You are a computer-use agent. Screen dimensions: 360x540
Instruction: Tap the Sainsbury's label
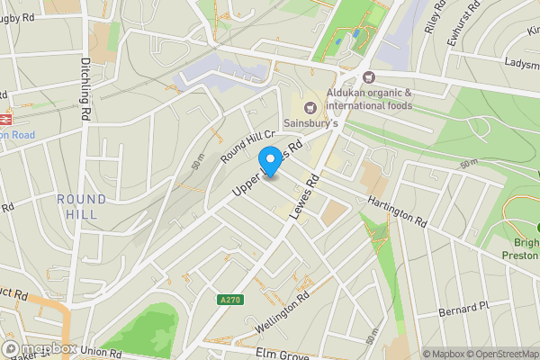[311, 123]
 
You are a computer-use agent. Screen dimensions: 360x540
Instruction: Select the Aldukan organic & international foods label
[370, 99]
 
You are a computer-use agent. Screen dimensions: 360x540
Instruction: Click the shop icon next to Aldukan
[369, 78]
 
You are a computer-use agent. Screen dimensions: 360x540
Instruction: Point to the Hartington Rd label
[395, 211]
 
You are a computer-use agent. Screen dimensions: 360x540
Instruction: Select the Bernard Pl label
[463, 308]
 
